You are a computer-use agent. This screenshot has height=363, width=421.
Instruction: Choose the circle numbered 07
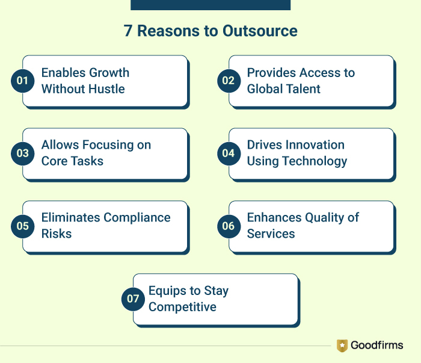[x=133, y=299]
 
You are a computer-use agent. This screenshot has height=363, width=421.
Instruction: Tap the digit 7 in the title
[x=128, y=31]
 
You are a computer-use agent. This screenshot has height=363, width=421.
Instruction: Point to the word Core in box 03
[x=55, y=161]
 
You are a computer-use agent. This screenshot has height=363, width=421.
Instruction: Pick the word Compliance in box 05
[x=137, y=217]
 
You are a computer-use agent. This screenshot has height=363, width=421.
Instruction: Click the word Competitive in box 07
[x=182, y=307]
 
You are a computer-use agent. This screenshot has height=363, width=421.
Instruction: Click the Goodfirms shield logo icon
[x=342, y=346]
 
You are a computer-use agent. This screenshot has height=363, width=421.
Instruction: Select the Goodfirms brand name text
[x=377, y=346]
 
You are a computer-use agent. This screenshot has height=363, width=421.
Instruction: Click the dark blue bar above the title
[x=210, y=5]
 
